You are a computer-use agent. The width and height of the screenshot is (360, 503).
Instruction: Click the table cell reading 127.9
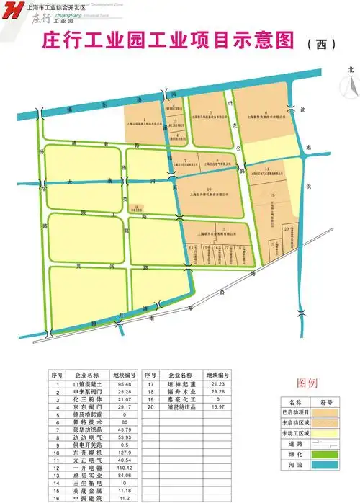(x=124, y=453)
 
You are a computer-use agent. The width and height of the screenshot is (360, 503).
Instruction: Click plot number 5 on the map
(x=210, y=113)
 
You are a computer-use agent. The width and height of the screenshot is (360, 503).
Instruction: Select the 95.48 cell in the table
(x=124, y=385)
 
